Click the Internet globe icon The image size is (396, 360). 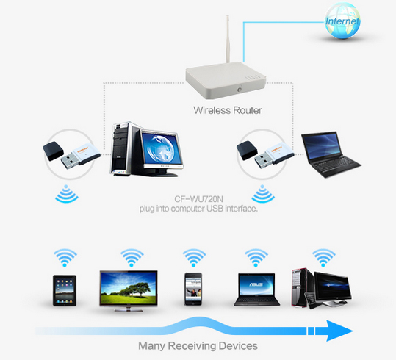pyautogui.click(x=342, y=21)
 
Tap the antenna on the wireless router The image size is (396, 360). pyautogui.click(x=228, y=39)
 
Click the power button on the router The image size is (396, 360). pyautogui.click(x=239, y=90)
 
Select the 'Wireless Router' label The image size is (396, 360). pyautogui.click(x=228, y=110)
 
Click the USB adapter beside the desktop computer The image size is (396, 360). pyautogui.click(x=72, y=155)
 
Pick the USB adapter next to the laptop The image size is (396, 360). pyautogui.click(x=265, y=154)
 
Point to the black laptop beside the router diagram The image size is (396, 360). pyautogui.click(x=331, y=154)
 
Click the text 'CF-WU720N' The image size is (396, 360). pyautogui.click(x=198, y=199)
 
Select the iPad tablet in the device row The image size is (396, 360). pyautogui.click(x=65, y=290)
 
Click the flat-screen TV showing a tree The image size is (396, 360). pyautogui.click(x=129, y=291)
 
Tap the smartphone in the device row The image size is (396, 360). pyautogui.click(x=193, y=289)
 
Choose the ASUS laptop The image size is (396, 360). pyautogui.click(x=256, y=289)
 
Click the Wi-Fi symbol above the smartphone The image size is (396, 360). pyautogui.click(x=194, y=258)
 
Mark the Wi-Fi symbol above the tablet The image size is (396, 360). pyautogui.click(x=65, y=258)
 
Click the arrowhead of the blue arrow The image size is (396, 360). pyautogui.click(x=339, y=331)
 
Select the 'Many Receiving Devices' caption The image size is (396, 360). pyautogui.click(x=198, y=345)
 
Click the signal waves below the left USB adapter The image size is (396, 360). pyautogui.click(x=66, y=194)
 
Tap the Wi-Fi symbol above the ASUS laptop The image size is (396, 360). pyautogui.click(x=256, y=258)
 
